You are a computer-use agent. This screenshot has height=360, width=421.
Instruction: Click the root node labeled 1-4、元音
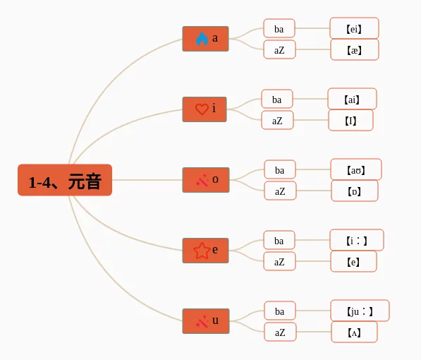point(65,180)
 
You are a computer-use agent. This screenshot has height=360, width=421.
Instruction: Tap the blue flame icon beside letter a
point(202,39)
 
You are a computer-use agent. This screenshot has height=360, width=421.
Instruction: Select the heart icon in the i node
point(202,109)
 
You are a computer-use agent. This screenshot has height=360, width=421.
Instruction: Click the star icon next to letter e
point(202,251)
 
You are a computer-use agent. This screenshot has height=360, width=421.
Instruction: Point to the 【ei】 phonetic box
point(354,28)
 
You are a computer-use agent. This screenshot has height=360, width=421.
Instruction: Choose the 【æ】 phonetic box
point(355,49)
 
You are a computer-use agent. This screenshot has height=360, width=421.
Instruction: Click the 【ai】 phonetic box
point(352,99)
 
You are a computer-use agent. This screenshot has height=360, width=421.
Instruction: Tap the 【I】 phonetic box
point(350,120)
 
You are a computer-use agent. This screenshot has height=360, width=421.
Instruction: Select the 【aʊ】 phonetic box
point(355,169)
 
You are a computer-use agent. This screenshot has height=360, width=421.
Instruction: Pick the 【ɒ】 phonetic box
point(355,191)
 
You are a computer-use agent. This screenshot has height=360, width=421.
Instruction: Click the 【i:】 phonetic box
point(357,240)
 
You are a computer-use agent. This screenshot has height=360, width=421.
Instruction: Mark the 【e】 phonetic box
point(353,261)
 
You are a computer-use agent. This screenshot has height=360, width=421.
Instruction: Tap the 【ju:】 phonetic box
point(360,311)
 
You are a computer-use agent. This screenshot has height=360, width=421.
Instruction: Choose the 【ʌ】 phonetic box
point(354,332)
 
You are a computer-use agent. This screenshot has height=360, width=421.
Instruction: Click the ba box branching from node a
point(279,28)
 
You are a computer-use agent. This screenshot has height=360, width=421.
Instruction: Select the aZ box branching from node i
point(277,120)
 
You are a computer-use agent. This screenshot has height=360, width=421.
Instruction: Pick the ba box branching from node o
point(279,169)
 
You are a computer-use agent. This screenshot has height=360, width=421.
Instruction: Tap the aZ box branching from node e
point(279,261)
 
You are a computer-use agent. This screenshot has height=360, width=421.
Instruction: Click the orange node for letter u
point(206,321)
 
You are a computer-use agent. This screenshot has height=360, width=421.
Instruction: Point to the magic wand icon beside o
point(202,180)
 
